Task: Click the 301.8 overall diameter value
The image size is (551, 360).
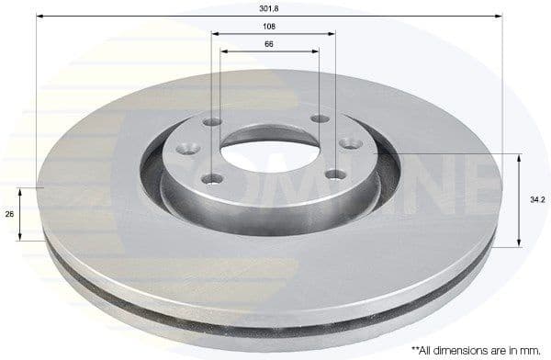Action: [x=268, y=8]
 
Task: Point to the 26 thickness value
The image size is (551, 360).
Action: [x=9, y=214]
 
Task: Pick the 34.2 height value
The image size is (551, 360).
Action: [x=536, y=198]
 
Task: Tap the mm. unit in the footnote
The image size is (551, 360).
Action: [x=530, y=350]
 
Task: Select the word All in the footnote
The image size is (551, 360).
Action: [x=430, y=350]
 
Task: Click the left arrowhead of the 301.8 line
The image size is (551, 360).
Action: [x=40, y=16]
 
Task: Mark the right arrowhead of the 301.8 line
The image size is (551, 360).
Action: [x=500, y=16]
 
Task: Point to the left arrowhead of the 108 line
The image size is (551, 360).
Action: [x=216, y=35]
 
